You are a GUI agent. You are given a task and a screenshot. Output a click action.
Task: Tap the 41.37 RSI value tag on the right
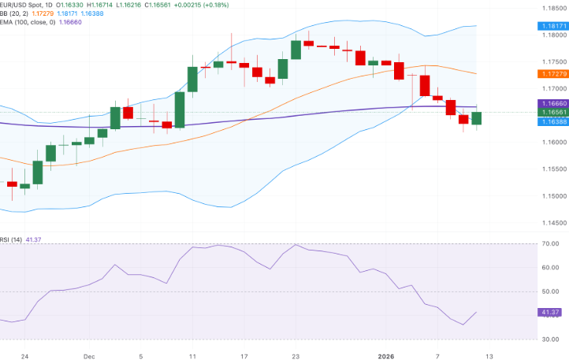(550, 313)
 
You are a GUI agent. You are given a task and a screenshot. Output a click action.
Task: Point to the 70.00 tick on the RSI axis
(550, 243)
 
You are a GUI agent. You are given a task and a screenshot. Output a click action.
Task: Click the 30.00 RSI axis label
(550, 340)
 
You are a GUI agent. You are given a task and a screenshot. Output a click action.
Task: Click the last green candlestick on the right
(476, 118)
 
